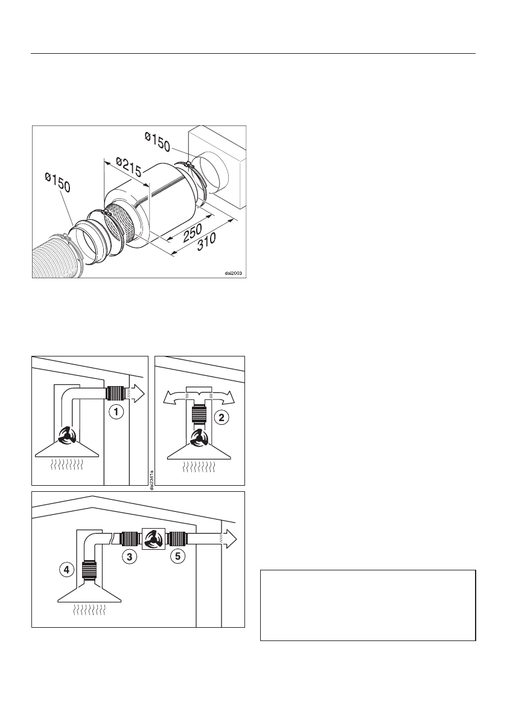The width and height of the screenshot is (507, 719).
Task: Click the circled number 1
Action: coord(115,413)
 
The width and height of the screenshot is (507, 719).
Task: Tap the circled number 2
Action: coord(223,416)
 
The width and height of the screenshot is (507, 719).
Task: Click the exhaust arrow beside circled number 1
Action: coord(138,394)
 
